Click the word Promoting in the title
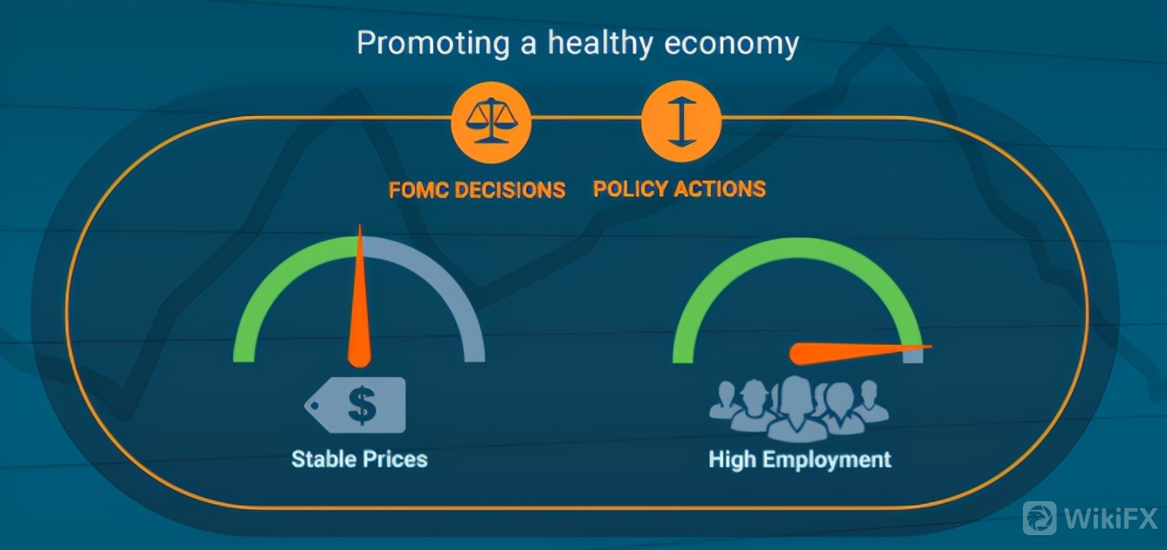(x=433, y=44)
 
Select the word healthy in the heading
(x=599, y=44)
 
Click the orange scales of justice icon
(x=491, y=123)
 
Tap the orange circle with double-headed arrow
(x=681, y=122)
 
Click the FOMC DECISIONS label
(x=477, y=189)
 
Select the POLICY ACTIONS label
(x=680, y=189)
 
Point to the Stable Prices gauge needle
(x=359, y=297)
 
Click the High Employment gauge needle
(x=860, y=353)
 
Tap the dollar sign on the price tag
(x=363, y=404)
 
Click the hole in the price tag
(x=314, y=405)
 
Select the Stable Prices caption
(x=359, y=459)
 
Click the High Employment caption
(x=800, y=460)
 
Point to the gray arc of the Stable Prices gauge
(x=452, y=286)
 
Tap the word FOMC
(x=418, y=189)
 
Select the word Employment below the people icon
(x=827, y=460)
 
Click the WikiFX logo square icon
(x=1039, y=519)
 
